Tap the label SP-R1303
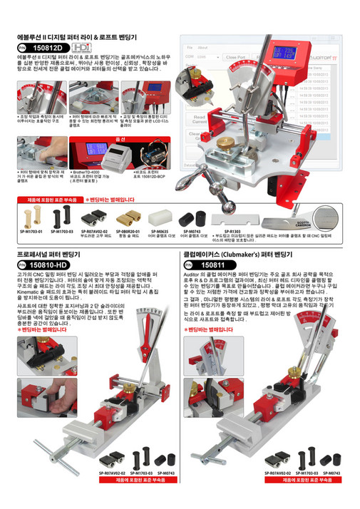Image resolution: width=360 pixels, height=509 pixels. [x=232, y=232]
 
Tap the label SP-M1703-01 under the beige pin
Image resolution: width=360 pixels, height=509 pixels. [x=32, y=232]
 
